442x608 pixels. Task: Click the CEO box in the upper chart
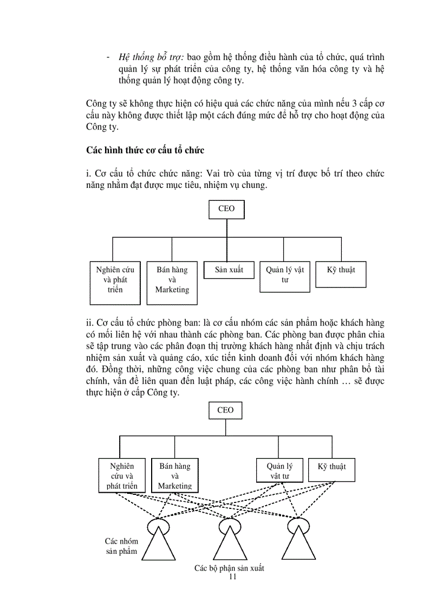coord(226,210)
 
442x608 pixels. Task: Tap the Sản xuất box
coord(229,270)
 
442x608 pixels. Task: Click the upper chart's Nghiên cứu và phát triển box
coord(115,283)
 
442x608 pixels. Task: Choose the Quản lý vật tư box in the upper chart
coord(285,276)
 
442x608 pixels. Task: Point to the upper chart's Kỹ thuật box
coord(341,270)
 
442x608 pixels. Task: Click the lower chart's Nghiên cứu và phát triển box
coord(122,475)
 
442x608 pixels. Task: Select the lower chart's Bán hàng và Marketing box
coord(174,475)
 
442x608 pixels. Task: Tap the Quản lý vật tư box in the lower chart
coord(279,470)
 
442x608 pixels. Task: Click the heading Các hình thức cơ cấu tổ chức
coord(145,150)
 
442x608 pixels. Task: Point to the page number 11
coord(233,577)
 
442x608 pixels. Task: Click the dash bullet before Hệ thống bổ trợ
coord(109,57)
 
